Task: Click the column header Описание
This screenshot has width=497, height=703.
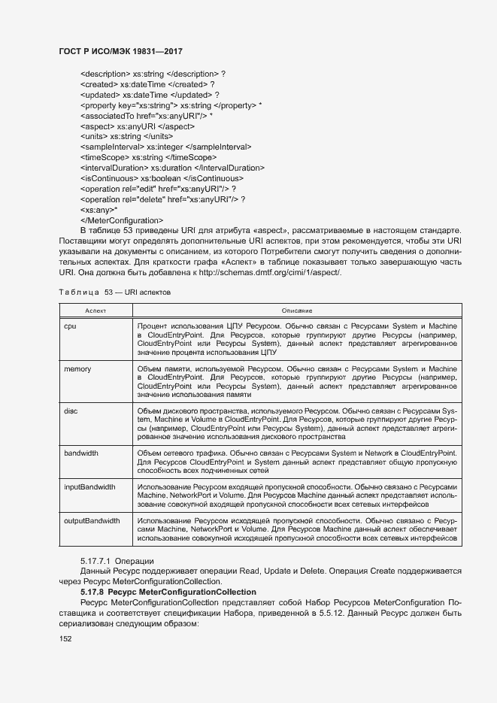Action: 297,311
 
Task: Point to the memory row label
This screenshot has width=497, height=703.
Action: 77,369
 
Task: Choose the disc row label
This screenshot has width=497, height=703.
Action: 71,411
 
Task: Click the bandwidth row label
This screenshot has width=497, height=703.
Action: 82,453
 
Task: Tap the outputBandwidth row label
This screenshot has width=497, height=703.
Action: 92,520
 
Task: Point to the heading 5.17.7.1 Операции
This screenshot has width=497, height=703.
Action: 117,561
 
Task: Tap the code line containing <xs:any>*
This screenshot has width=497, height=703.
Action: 99,209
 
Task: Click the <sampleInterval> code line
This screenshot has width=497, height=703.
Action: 166,147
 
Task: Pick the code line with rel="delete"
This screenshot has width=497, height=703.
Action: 162,199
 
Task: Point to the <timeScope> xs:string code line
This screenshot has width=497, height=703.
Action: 148,157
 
